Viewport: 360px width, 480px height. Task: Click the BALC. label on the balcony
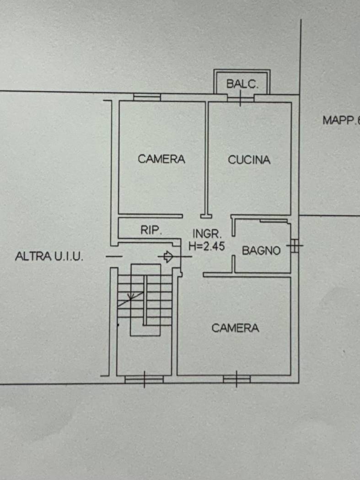pos(242,84)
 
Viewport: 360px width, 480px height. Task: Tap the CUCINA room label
pos(249,160)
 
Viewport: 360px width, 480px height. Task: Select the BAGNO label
pos(261,251)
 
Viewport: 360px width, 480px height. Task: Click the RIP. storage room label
pos(151,230)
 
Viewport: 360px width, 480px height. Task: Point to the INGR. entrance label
pos(207,234)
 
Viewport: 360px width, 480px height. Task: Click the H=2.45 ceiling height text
pos(207,246)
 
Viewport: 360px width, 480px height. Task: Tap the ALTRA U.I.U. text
pos(49,256)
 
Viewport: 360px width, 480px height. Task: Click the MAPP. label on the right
pos(341,120)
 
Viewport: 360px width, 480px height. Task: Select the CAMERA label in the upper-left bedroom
pos(161,159)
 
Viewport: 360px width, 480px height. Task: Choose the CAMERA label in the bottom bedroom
pos(235,328)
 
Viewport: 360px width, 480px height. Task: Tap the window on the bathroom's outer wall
pos(295,245)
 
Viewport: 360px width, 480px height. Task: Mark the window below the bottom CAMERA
pos(236,379)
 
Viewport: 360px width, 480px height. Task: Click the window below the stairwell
pos(144,379)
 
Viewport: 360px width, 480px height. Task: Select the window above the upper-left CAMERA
pos(147,97)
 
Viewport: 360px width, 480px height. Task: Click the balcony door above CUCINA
pos(241,98)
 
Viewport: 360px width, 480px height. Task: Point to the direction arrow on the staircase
pos(131,299)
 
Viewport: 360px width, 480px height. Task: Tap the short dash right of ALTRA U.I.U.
pos(114,256)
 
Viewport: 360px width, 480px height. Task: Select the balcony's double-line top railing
pos(242,71)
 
